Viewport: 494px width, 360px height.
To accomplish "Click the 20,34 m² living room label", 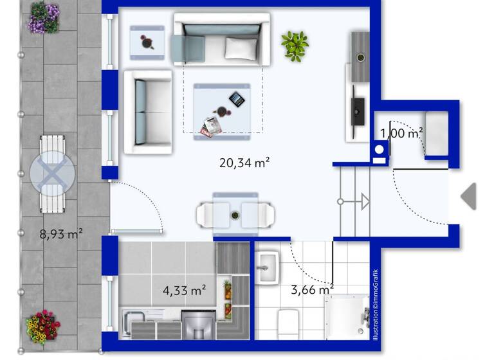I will [x=244, y=163].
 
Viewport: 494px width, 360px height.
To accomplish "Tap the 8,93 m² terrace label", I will [x=61, y=235].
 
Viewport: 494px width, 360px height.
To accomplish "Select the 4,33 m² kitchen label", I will [x=185, y=290].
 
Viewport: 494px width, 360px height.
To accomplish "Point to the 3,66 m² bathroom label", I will [x=312, y=290].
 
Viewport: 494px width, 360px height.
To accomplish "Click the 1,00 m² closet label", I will [x=401, y=134].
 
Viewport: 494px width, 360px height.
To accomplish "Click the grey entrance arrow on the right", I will [x=470, y=196].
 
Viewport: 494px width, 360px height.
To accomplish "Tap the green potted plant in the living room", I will [x=295, y=46].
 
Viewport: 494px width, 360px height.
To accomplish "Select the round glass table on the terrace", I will [x=53, y=174].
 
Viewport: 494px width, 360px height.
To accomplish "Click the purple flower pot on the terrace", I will [x=44, y=17].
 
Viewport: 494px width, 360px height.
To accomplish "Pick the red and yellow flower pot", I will [x=42, y=327].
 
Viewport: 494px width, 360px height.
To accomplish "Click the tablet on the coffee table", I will [x=237, y=99].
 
